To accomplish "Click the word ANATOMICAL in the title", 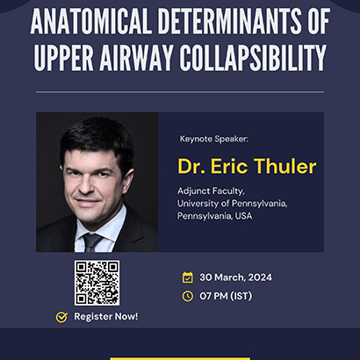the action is point(91,21).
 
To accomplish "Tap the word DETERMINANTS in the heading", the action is point(229,21).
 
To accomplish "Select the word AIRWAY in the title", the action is point(136,58).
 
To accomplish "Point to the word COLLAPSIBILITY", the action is point(253,58).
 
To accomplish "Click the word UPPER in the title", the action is point(63,58).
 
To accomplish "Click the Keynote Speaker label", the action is point(214,139).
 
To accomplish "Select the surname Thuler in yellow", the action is point(284,166).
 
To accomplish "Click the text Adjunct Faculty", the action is point(211,191).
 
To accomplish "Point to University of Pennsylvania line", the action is point(233,204).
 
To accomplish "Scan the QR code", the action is point(97,283).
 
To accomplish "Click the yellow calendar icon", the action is point(188,277).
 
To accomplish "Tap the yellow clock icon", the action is point(188,296).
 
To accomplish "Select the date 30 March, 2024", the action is point(236,277).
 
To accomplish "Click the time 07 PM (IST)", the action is point(226,296).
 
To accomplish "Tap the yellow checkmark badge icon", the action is point(61,317).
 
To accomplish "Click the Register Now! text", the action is point(106,317).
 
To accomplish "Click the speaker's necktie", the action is point(91,242).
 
